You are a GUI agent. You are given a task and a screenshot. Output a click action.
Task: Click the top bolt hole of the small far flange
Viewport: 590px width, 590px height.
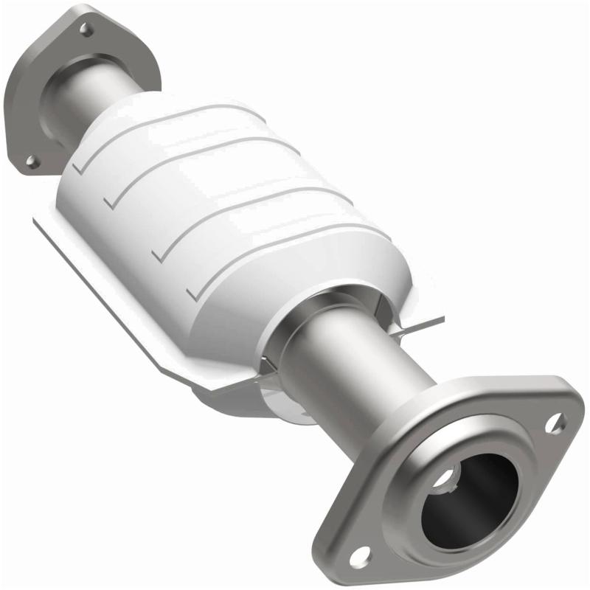coord(86,29)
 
